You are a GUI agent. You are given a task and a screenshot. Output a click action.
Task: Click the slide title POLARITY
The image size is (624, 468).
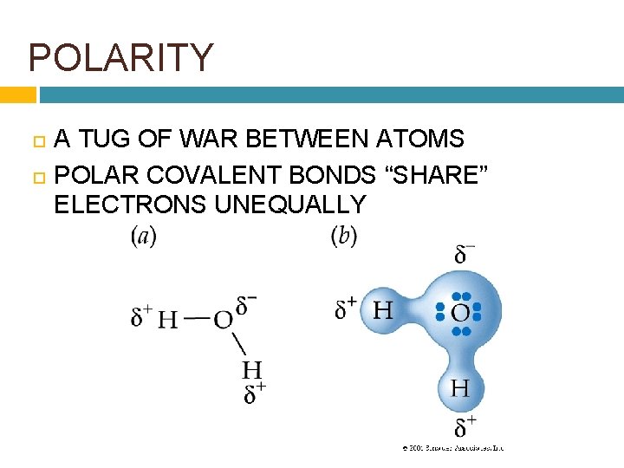click(x=120, y=58)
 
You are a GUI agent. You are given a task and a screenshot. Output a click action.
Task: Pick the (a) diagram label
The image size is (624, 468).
click(x=144, y=236)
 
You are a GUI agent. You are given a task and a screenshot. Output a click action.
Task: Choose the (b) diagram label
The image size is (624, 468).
click(x=344, y=236)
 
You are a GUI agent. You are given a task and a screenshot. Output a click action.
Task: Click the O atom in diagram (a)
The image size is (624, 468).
click(x=224, y=319)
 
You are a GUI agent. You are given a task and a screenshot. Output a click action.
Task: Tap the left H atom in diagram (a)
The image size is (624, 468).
click(x=168, y=319)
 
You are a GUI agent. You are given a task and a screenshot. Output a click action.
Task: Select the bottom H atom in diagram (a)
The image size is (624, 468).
click(x=253, y=371)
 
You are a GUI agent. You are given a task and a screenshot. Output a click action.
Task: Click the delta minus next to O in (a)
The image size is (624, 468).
click(x=247, y=305)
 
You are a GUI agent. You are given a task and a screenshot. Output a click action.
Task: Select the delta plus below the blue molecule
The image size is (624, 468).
click(x=465, y=426)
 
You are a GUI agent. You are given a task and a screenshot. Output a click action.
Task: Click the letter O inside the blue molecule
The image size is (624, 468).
click(x=460, y=312)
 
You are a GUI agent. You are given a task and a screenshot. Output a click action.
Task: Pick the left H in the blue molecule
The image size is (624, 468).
click(x=381, y=309)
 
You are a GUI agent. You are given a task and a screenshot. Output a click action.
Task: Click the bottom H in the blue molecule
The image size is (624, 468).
click(x=460, y=388)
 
